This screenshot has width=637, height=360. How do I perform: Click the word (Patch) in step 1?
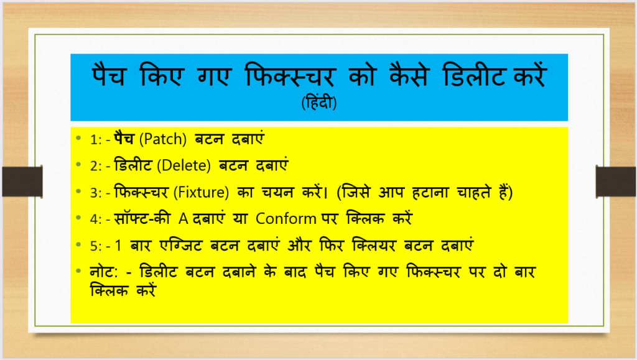pyautogui.click(x=163, y=139)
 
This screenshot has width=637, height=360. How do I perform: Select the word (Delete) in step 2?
pyautogui.click(x=184, y=165)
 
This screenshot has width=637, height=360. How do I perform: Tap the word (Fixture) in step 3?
pyautogui.click(x=201, y=192)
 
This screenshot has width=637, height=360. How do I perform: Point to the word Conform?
pyautogui.click(x=286, y=219)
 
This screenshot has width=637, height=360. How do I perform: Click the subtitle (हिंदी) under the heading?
pyautogui.click(x=319, y=102)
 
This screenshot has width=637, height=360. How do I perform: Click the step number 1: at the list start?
pyautogui.click(x=96, y=140)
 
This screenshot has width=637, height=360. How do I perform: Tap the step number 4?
pyautogui.click(x=96, y=219)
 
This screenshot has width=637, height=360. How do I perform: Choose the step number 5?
pyautogui.click(x=96, y=246)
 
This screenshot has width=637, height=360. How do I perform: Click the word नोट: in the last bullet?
pyautogui.click(x=104, y=272)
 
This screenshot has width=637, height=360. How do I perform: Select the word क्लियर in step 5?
pyautogui.click(x=374, y=246)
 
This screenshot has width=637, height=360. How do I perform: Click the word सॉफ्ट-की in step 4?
pyautogui.click(x=142, y=219)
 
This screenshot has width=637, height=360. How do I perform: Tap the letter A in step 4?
pyautogui.click(x=184, y=219)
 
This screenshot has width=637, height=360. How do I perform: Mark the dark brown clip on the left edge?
pyautogui.click(x=22, y=182)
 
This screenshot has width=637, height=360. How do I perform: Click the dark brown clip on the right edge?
pyautogui.click(x=616, y=182)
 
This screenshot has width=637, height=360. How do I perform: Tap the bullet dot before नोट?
pyautogui.click(x=79, y=270)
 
